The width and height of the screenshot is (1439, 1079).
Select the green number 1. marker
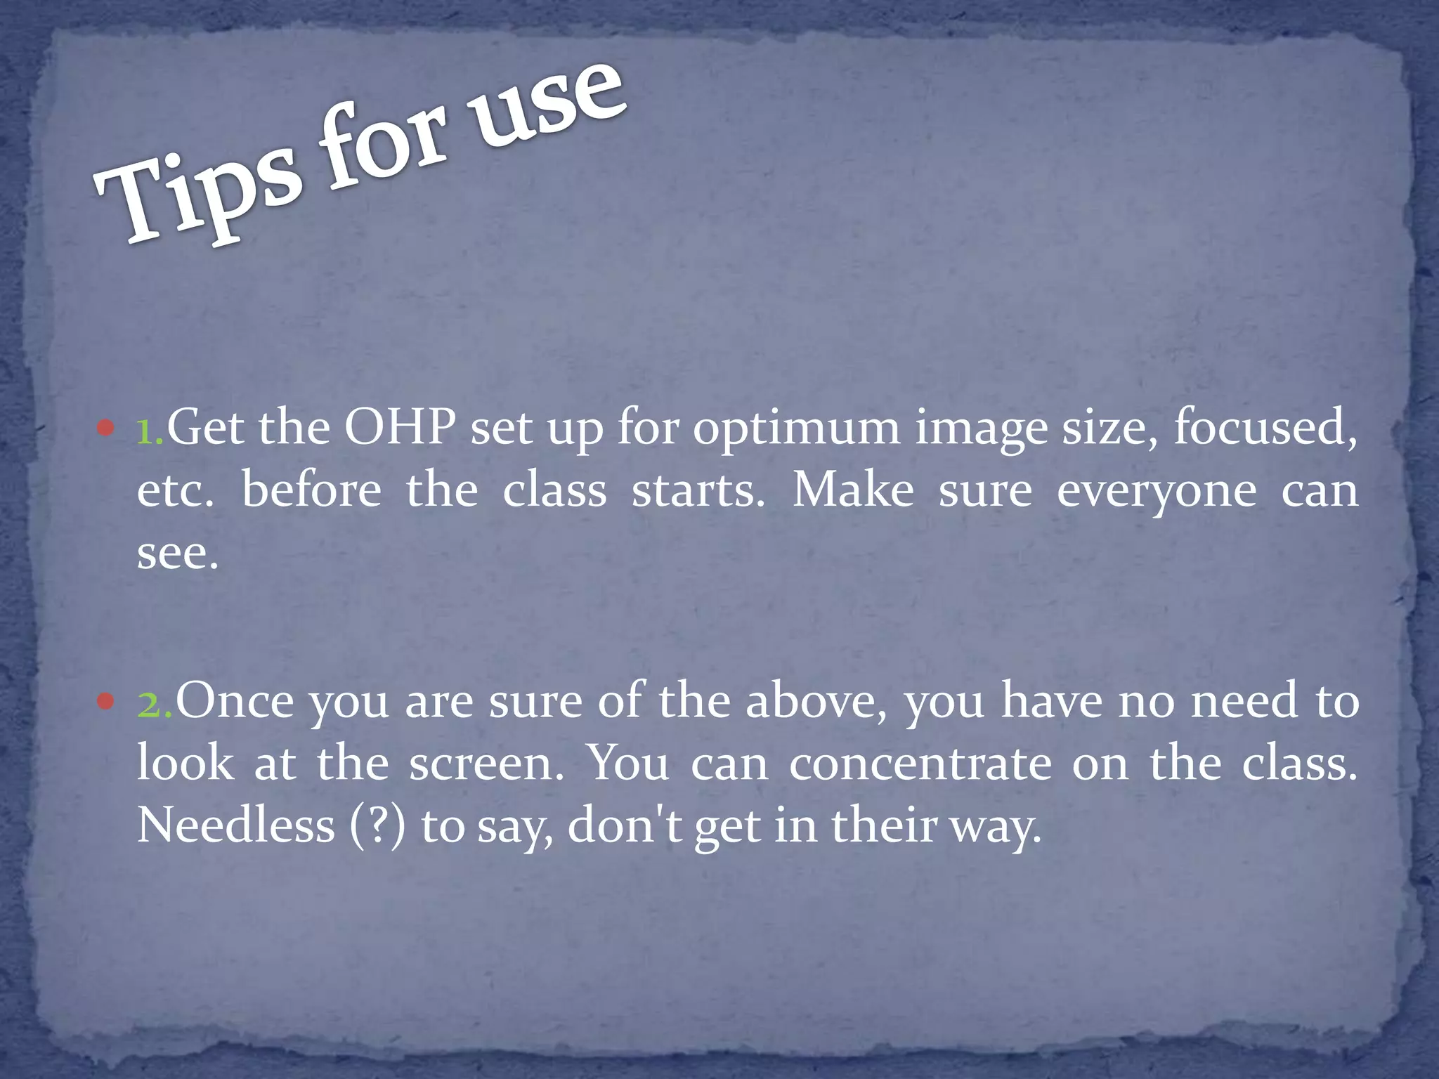click(150, 429)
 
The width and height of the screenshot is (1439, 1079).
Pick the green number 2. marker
click(155, 702)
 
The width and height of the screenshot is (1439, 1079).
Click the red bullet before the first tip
click(105, 428)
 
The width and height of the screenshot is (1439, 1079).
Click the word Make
click(853, 490)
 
